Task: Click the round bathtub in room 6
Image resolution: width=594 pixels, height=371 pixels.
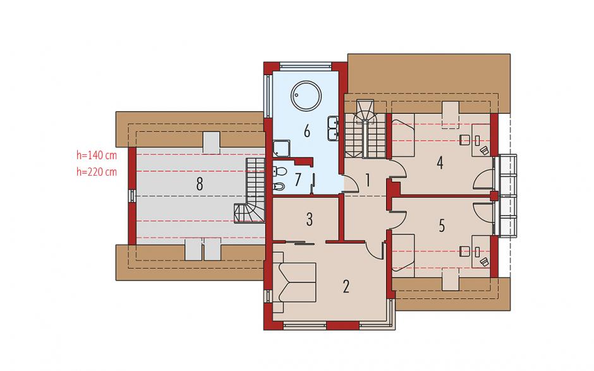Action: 306,96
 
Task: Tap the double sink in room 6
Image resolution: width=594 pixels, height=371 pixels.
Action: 333,128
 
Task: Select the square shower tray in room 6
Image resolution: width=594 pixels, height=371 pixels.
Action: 282,148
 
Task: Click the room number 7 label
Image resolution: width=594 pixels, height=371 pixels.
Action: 298,179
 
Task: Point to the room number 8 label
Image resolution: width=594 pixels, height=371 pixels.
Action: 199,184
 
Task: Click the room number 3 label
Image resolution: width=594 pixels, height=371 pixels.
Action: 310,219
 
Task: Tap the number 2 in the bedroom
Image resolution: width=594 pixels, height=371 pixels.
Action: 346,287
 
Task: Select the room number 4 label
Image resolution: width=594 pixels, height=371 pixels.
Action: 440,163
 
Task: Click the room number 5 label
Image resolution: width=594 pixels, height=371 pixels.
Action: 442,226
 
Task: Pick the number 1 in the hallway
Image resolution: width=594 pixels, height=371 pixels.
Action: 367,180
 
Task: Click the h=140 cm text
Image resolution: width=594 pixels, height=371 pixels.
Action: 97,155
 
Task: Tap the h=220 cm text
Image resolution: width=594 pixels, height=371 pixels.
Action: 97,172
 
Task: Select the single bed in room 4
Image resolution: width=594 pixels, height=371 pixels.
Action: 403,135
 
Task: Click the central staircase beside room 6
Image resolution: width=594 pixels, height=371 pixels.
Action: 365,129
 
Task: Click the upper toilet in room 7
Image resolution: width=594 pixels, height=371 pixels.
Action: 279,172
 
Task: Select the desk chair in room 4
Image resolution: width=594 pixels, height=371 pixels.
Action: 464,140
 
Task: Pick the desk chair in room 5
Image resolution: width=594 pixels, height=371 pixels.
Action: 464,250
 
